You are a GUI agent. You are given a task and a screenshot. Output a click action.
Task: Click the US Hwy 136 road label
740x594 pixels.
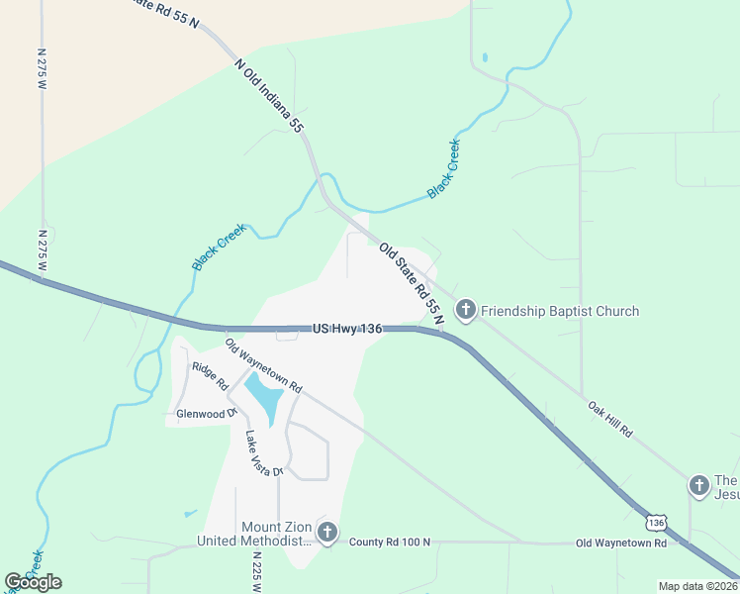point(346,328)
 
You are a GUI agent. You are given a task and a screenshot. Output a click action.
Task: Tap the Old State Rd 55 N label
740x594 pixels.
point(412,283)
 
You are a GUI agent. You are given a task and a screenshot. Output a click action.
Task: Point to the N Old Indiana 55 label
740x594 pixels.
point(269,95)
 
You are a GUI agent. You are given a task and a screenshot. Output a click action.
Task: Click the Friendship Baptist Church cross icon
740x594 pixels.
point(465,311)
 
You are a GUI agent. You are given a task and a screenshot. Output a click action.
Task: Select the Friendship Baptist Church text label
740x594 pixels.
point(560,311)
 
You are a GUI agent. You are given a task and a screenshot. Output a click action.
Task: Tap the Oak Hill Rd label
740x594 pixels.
point(608,420)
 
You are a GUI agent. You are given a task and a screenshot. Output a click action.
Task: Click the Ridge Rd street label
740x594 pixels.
point(210,375)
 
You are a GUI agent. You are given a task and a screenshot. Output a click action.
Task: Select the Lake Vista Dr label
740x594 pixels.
point(263,453)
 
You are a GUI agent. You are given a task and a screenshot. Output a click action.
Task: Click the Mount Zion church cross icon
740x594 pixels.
point(327,534)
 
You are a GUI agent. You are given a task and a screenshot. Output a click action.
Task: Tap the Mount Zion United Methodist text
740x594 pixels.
point(254,534)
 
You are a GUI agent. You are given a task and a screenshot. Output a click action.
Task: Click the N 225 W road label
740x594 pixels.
point(255,572)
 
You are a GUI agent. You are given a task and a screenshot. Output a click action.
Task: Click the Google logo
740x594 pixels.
point(33,582)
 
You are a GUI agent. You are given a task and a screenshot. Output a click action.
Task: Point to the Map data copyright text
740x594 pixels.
point(697,586)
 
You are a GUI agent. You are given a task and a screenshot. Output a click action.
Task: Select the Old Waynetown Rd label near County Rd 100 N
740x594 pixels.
point(621,543)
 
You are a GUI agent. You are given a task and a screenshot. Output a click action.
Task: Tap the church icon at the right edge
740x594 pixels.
point(699,485)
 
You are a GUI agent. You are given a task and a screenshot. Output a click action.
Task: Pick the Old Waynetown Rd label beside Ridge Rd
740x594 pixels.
point(262,364)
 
